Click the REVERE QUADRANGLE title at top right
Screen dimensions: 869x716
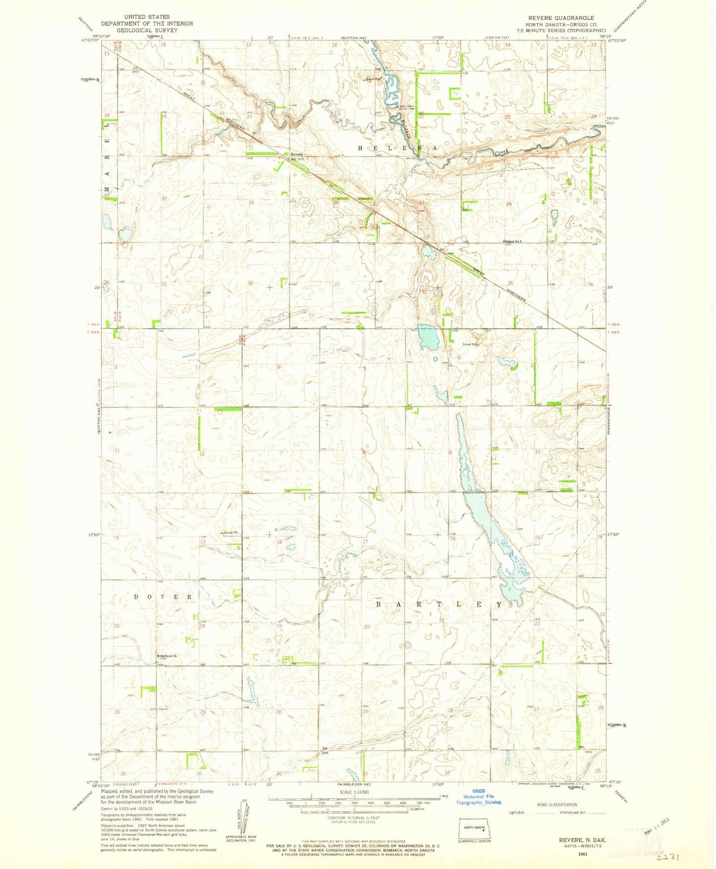[561, 17]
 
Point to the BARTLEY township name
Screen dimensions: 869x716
[439, 605]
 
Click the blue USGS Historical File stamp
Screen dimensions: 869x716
[479, 797]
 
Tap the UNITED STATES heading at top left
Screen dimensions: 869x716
[147, 17]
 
